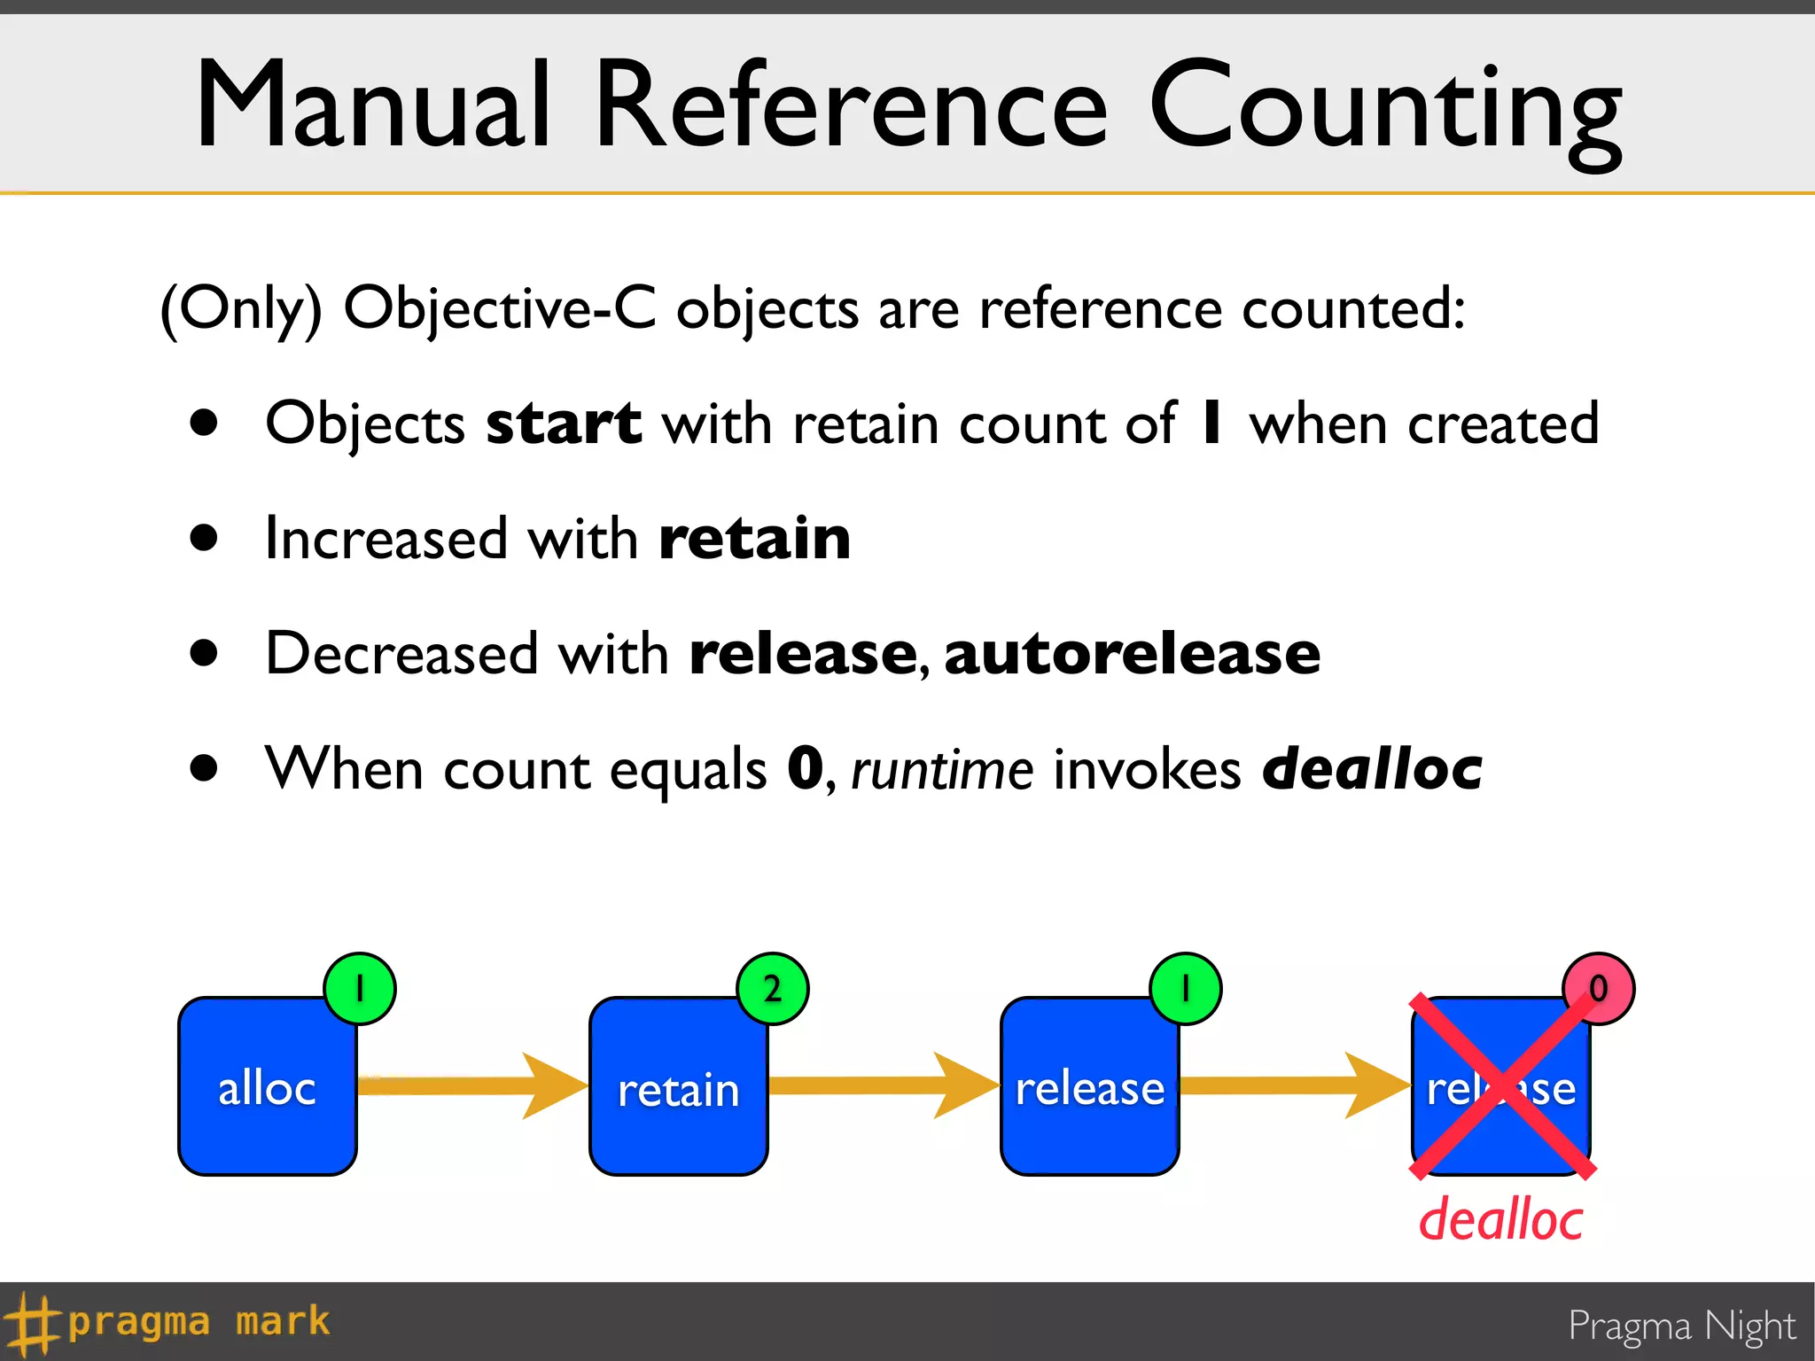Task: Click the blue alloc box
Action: coord(267,1086)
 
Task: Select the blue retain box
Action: coord(678,1086)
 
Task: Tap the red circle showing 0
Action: coord(1598,988)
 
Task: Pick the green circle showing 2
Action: coord(772,988)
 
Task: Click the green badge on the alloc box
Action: coord(359,988)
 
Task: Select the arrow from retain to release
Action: coord(883,1085)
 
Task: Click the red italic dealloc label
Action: coord(1500,1220)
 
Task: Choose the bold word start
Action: coord(564,424)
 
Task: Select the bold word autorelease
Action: coord(1132,654)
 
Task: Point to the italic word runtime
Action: coord(941,769)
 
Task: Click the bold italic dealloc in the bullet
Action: coord(1372,767)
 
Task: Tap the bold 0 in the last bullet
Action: coord(806,767)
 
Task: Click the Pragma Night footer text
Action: coord(1681,1326)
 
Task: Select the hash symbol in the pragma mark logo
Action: coord(30,1323)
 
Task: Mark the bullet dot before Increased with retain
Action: coord(204,537)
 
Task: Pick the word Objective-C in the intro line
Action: coord(500,308)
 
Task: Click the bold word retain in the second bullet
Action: coord(754,539)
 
